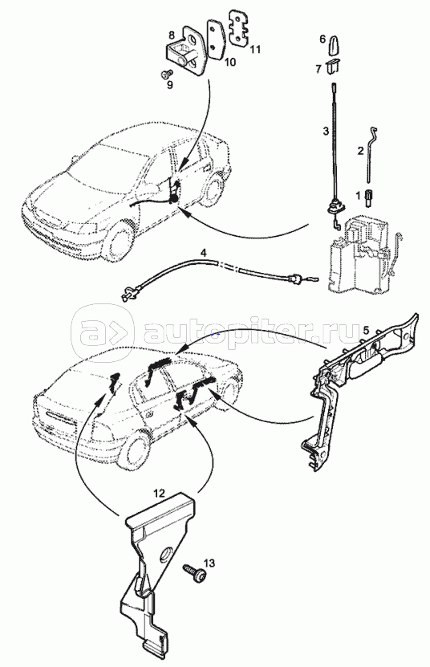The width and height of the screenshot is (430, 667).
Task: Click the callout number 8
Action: tap(171, 34)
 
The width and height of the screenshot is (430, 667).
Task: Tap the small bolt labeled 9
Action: tap(166, 75)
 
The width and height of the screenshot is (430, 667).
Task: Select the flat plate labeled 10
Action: tap(216, 38)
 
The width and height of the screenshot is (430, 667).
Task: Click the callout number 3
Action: tap(326, 131)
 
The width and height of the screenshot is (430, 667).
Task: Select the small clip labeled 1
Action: tap(369, 198)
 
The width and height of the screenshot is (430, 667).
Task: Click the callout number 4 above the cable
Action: tap(203, 253)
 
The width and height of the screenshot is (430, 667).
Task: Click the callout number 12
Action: tap(159, 494)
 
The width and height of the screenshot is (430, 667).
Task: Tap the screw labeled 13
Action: tap(196, 571)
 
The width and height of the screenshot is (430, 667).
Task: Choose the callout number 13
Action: tap(209, 563)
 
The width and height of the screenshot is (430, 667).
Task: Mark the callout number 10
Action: tap(229, 63)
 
